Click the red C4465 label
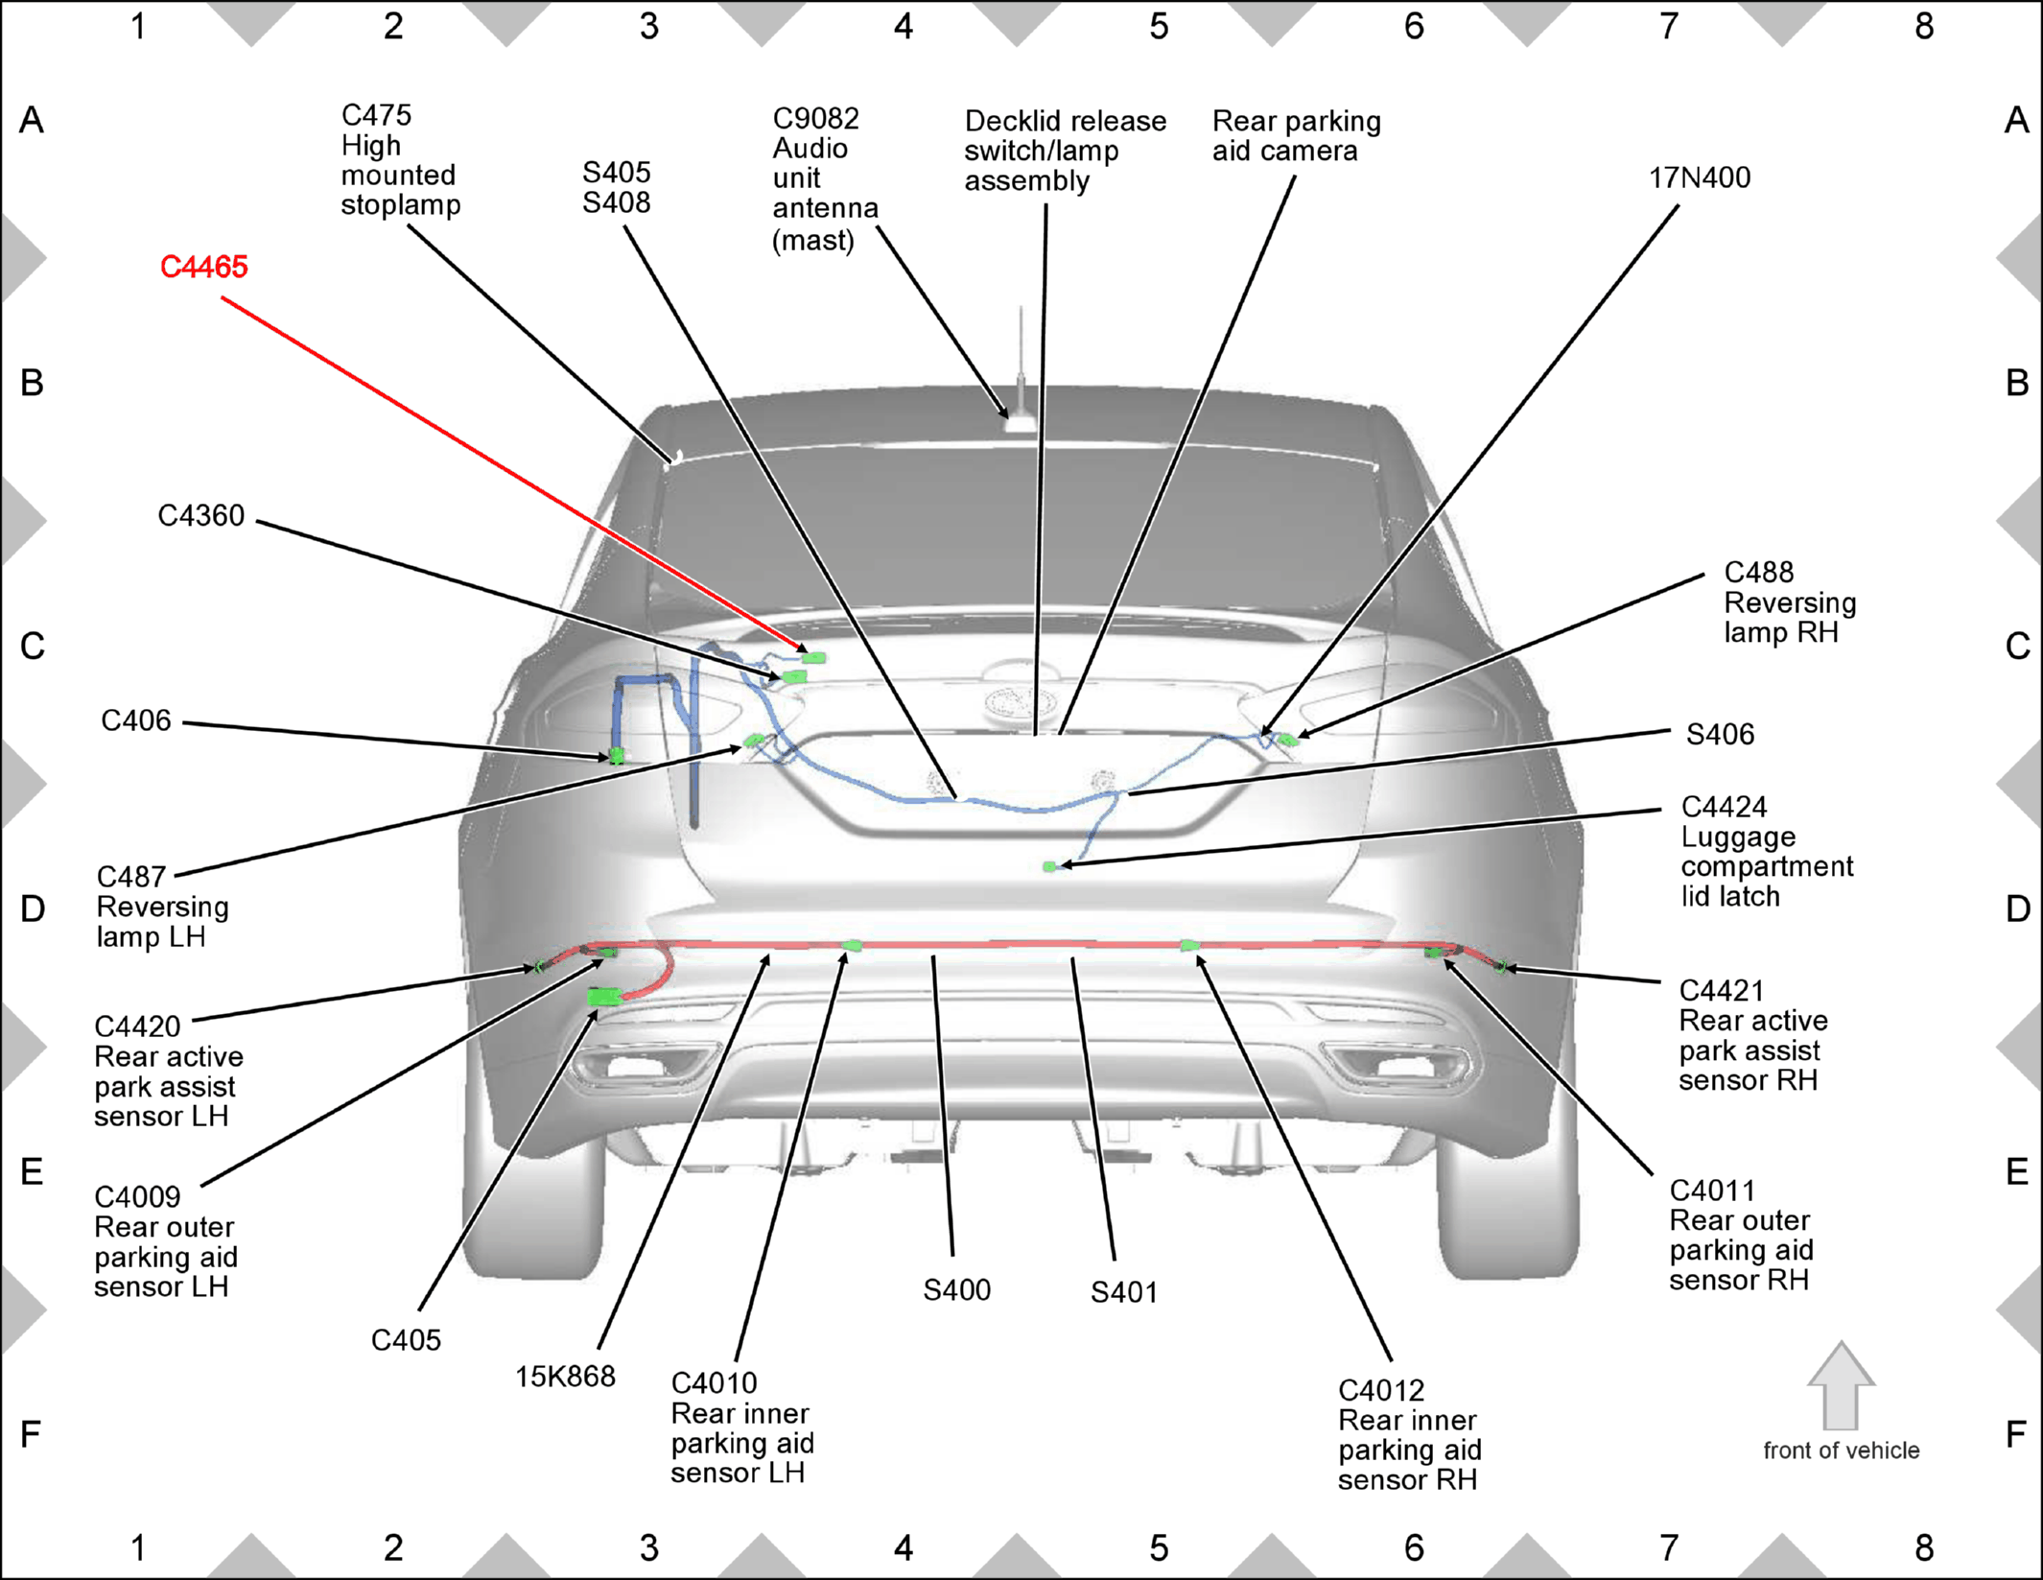click(203, 267)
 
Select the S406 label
click(1720, 735)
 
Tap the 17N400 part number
click(1699, 177)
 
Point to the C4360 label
click(201, 516)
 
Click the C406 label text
click(136, 720)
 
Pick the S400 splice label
click(956, 1290)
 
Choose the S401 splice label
click(1123, 1293)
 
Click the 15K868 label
click(565, 1377)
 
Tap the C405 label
click(406, 1340)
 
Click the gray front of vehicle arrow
click(1841, 1386)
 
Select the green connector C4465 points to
click(814, 658)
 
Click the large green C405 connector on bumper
click(604, 998)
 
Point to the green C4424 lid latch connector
click(1049, 867)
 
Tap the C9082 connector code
click(816, 119)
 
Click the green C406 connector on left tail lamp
click(617, 756)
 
